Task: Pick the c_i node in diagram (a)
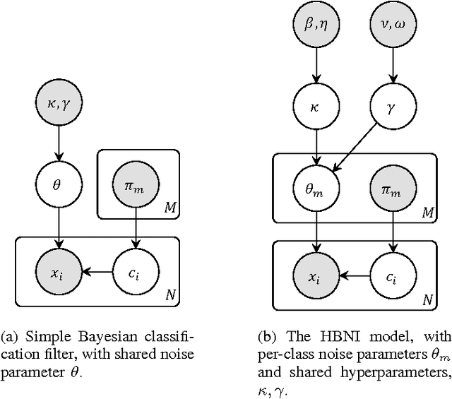tap(135, 271)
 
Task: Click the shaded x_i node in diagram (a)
tap(57, 271)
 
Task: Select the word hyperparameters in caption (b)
tap(389, 368)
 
